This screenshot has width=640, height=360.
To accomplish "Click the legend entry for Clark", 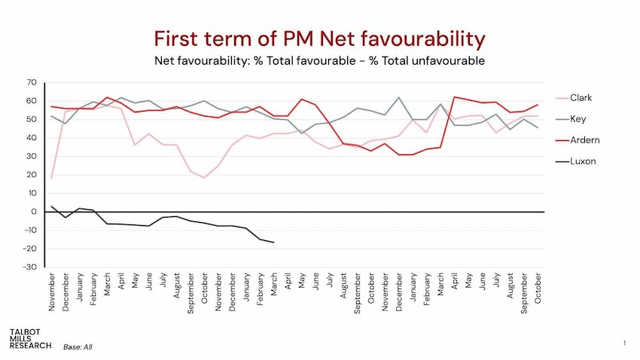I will (581, 98).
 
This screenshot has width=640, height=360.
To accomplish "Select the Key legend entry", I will (578, 119).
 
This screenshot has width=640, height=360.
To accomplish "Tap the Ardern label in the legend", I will (584, 140).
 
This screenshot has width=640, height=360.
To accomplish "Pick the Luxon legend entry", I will (582, 161).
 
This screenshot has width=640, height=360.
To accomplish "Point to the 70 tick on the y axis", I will (32, 82).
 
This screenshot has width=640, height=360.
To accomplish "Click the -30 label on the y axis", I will (29, 267).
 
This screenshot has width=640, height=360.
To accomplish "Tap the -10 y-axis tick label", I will (29, 230).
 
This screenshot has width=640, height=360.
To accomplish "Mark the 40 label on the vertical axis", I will (32, 138).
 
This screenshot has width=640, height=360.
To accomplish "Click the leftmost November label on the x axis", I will (52, 292).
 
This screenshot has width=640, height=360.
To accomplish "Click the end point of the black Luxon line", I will (273, 243).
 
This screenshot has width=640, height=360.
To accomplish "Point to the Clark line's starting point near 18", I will (51, 178).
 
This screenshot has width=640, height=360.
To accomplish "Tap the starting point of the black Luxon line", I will (51, 206).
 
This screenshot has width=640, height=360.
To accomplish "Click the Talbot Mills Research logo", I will (31, 338).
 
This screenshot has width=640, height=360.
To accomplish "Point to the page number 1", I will (624, 343).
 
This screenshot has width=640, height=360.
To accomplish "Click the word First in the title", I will (179, 38).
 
